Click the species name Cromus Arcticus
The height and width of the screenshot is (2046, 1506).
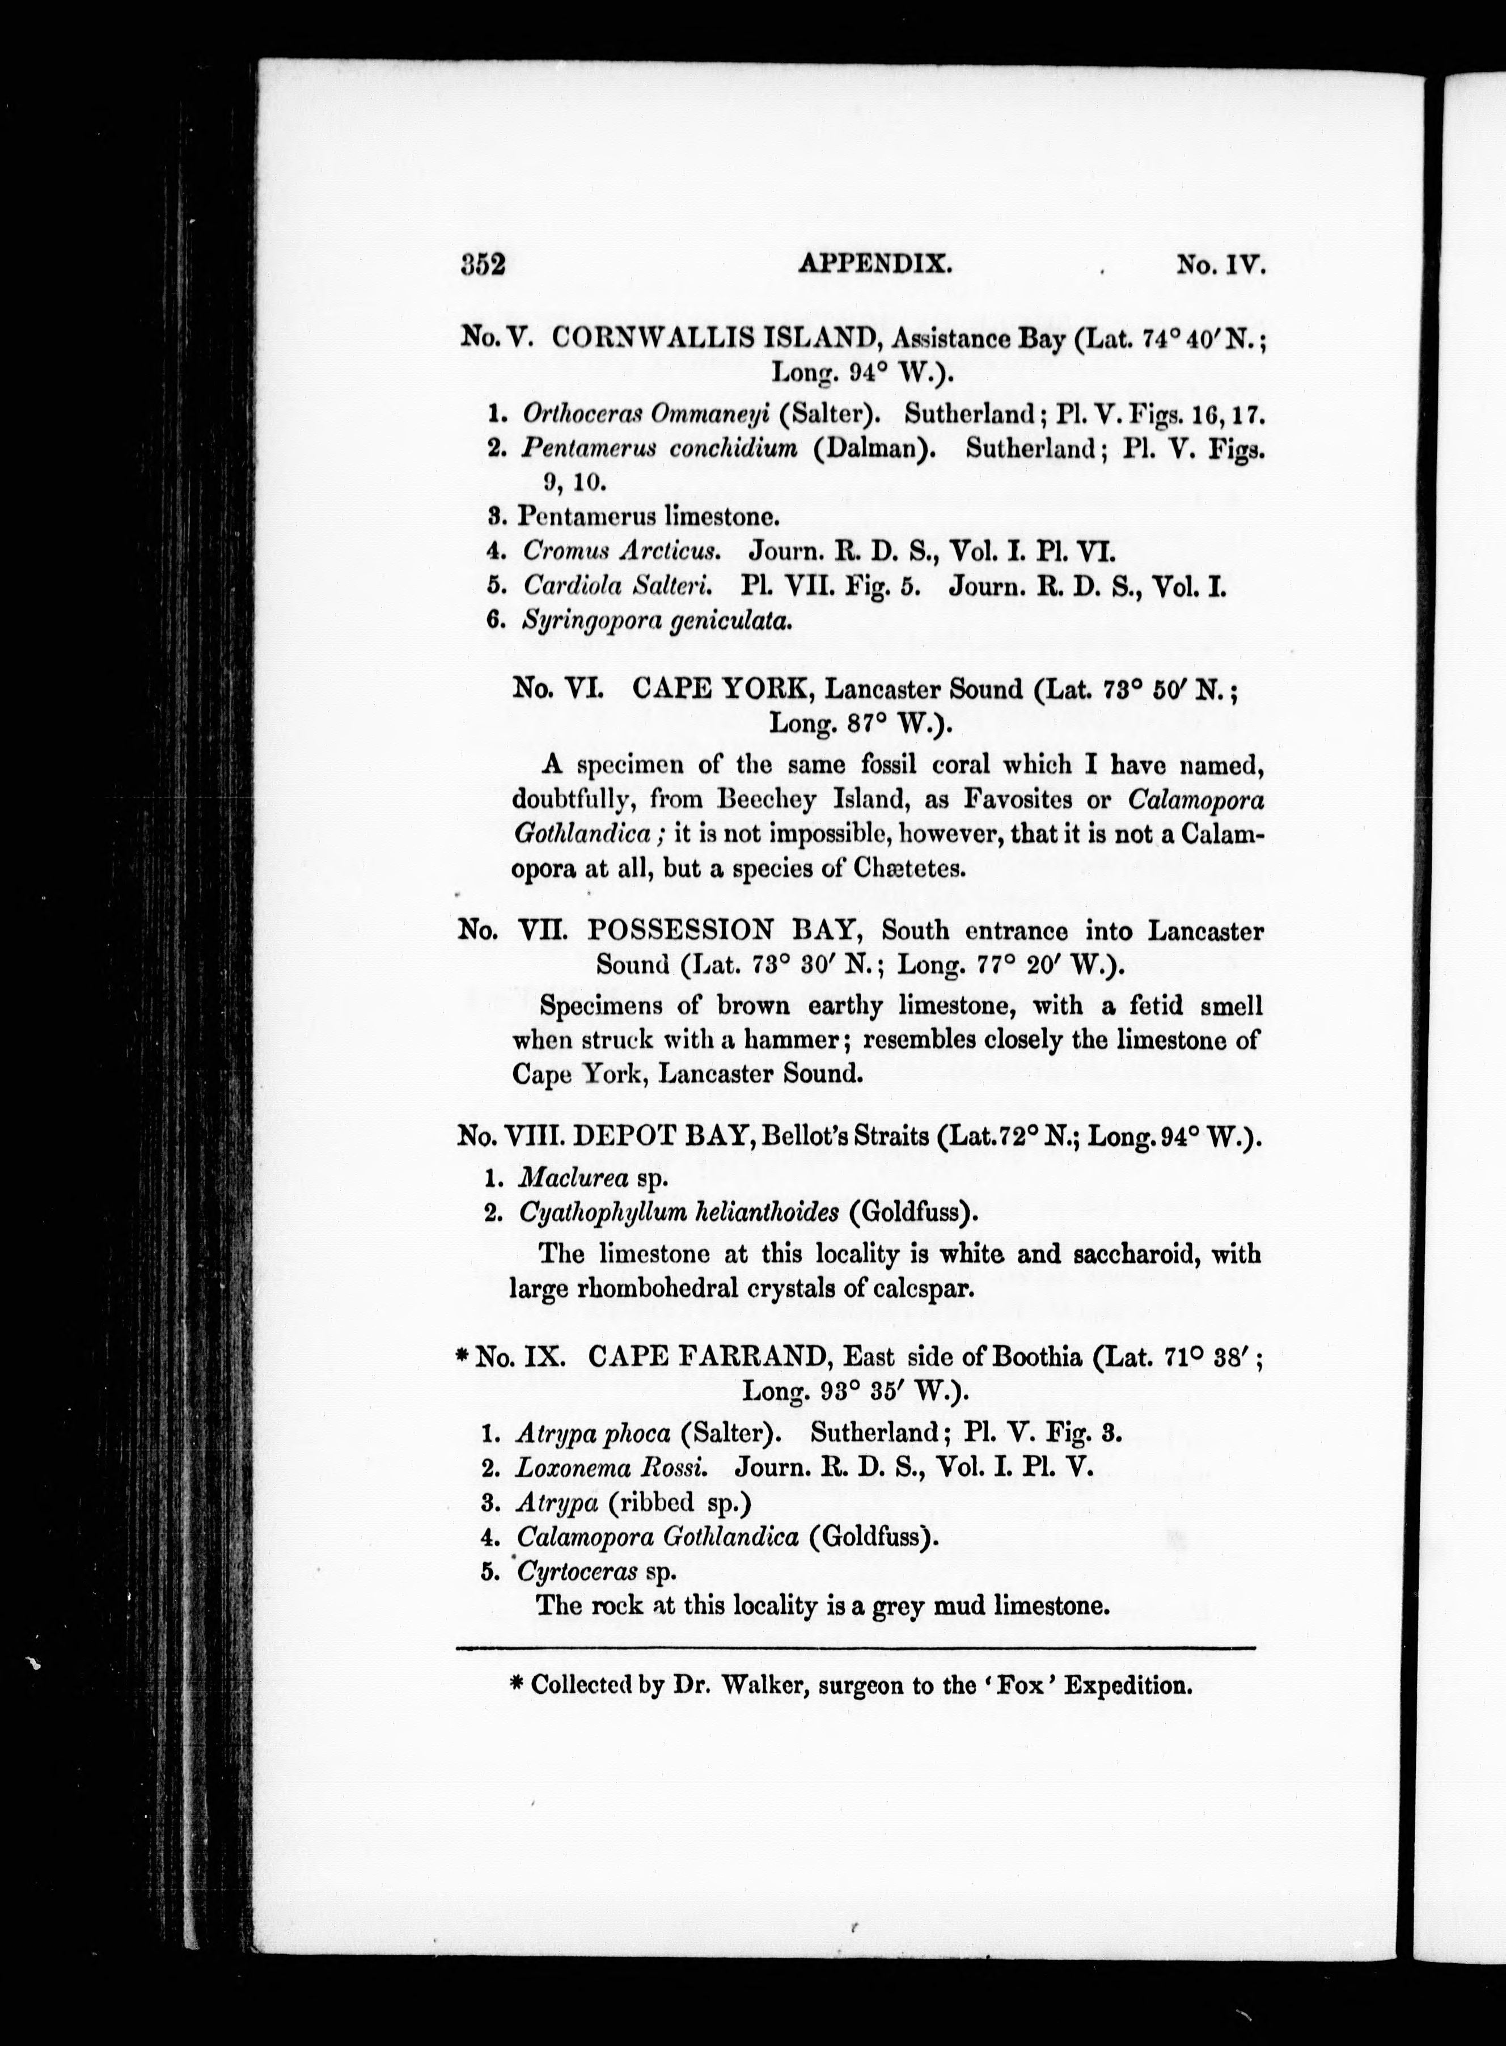[x=621, y=552]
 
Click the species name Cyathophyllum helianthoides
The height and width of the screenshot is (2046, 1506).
[x=678, y=1212]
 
